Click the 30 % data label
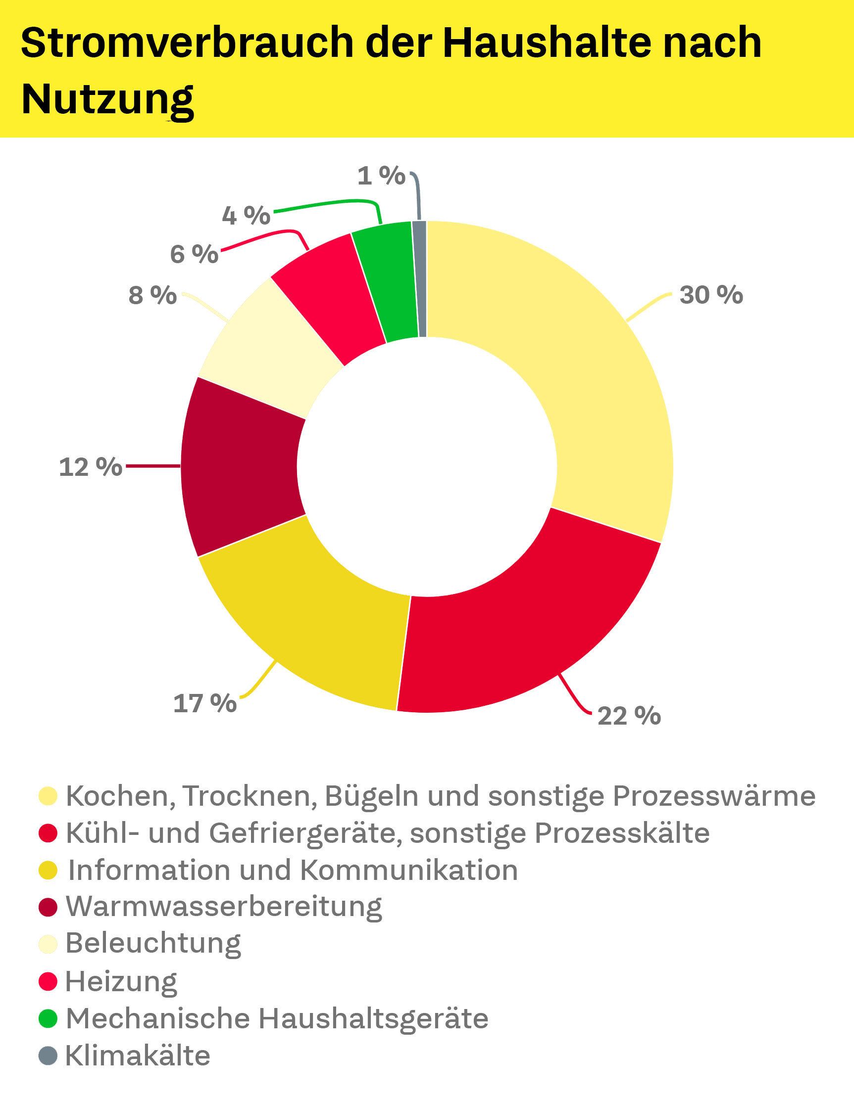(x=711, y=295)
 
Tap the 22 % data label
(x=629, y=716)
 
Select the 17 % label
(x=204, y=703)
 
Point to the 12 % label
(x=91, y=467)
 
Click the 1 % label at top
(x=381, y=176)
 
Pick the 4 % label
(x=247, y=216)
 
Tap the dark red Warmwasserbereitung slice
(x=243, y=467)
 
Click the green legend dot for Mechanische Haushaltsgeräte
(x=48, y=1018)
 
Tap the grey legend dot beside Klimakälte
(x=48, y=1056)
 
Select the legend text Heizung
(x=121, y=981)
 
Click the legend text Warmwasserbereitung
(x=224, y=907)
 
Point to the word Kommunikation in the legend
(x=409, y=870)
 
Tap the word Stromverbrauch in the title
(x=187, y=43)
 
